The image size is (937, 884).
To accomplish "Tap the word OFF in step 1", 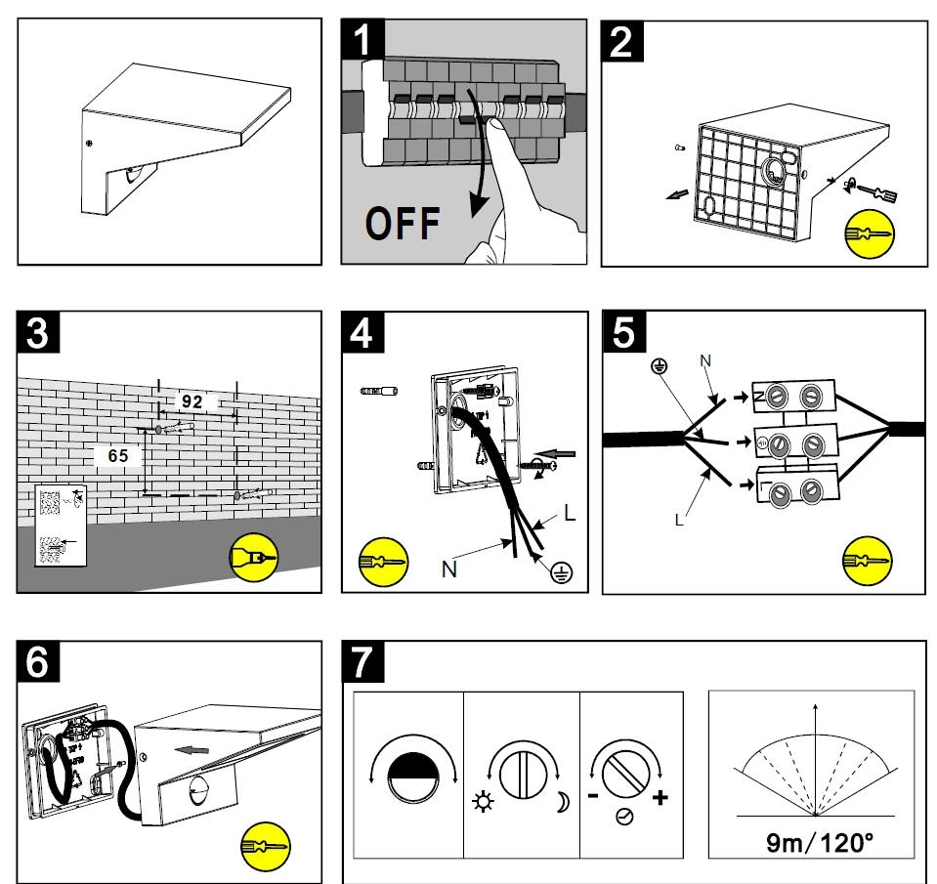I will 403,224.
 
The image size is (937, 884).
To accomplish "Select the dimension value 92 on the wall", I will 192,400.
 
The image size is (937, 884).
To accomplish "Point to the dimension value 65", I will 118,455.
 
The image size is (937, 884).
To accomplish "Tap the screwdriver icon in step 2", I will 868,235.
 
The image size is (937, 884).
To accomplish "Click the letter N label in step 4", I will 448,569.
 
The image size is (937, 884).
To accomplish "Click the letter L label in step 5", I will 679,521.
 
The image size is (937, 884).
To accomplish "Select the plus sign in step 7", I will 660,798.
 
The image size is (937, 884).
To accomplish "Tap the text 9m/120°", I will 810,842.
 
